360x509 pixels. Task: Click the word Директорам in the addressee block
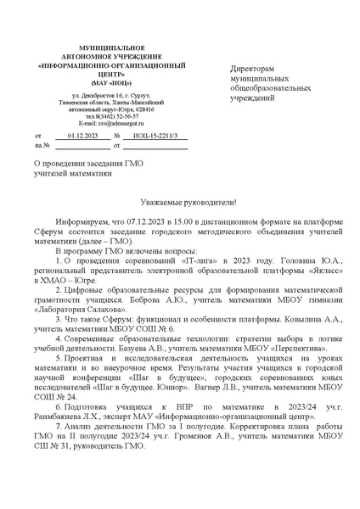tap(256, 67)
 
